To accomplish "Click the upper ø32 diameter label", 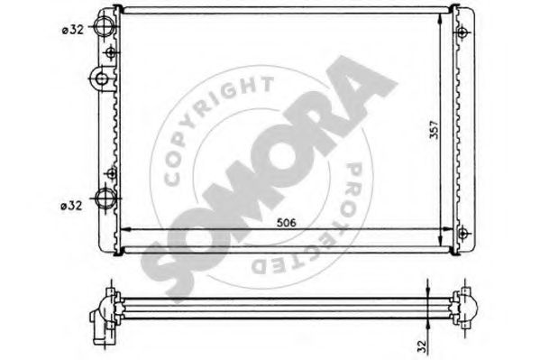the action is pyautogui.click(x=73, y=30).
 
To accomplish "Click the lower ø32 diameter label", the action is pyautogui.click(x=71, y=206).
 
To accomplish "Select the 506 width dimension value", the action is pyautogui.click(x=287, y=223).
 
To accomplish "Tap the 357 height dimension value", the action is pyautogui.click(x=435, y=129).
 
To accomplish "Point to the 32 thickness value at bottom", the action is pyautogui.click(x=423, y=346).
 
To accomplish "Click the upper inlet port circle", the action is pyautogui.click(x=105, y=26).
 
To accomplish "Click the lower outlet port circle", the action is pyautogui.click(x=105, y=198).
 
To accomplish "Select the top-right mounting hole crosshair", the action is pyautogui.click(x=462, y=32).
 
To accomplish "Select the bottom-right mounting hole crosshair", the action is pyautogui.click(x=463, y=233).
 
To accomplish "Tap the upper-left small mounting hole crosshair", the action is pyautogui.click(x=111, y=52).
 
